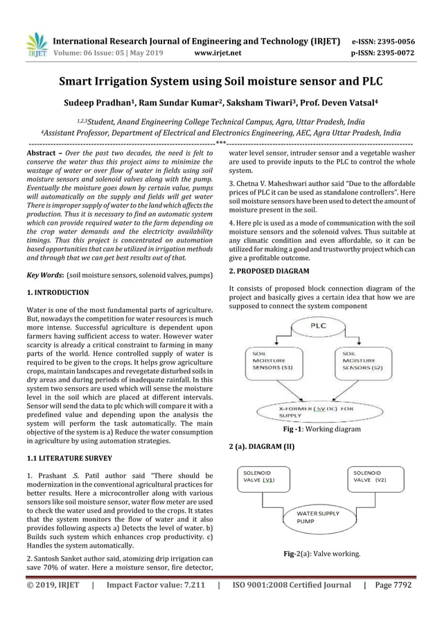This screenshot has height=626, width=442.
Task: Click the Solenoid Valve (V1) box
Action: tap(265, 479)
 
